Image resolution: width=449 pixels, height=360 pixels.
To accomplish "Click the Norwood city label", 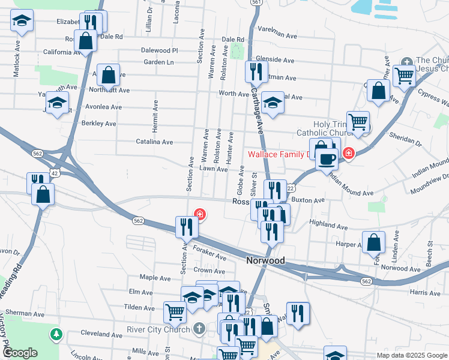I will (x=265, y=262).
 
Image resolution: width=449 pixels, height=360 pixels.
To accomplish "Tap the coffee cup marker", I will (x=327, y=160).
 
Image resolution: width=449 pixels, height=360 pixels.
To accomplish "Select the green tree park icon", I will (x=56, y=334).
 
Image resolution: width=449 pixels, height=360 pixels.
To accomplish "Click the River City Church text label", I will (x=158, y=329).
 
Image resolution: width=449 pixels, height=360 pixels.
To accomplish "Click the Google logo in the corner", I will (x=20, y=353).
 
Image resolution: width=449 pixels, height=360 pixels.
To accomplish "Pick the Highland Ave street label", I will (x=328, y=225).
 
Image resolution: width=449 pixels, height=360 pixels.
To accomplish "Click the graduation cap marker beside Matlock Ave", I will (x=22, y=22).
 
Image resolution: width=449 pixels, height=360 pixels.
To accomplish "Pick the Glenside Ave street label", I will (x=275, y=61).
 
